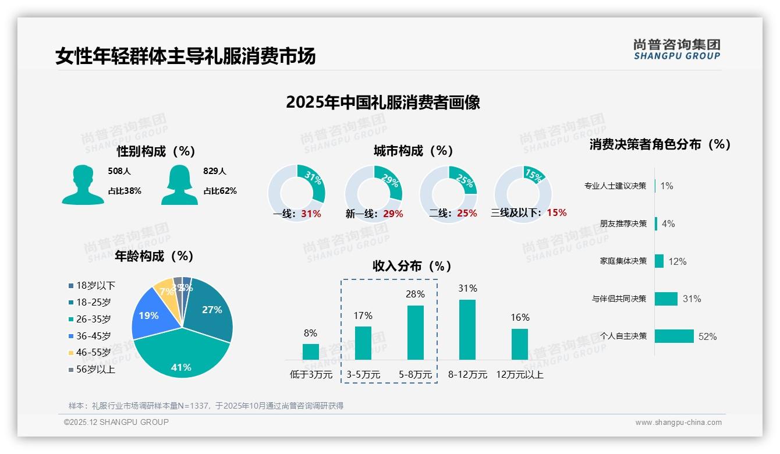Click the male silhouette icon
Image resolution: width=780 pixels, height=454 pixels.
point(83,185)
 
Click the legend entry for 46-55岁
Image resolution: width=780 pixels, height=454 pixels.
point(92,353)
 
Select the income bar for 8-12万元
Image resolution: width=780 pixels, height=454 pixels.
point(467,329)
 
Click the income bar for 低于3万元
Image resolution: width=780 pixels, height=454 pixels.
point(310,352)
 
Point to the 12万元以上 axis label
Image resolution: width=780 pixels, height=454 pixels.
point(519,375)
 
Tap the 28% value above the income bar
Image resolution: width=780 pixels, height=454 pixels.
point(415,295)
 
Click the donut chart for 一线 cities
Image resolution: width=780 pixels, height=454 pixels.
point(296,192)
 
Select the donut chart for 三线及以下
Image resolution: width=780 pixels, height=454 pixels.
point(522,192)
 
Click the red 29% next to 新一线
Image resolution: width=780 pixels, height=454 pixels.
point(393,214)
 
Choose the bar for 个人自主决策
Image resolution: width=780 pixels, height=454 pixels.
point(674,336)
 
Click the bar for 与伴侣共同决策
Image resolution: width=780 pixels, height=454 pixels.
point(666,299)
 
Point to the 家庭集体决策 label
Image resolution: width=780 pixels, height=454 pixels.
point(623,261)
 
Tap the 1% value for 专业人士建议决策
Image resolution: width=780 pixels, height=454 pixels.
point(666,186)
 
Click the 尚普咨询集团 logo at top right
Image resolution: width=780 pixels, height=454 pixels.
point(676,49)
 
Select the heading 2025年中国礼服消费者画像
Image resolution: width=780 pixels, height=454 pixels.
point(382,102)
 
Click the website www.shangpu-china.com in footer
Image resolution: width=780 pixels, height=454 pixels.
point(678,423)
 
